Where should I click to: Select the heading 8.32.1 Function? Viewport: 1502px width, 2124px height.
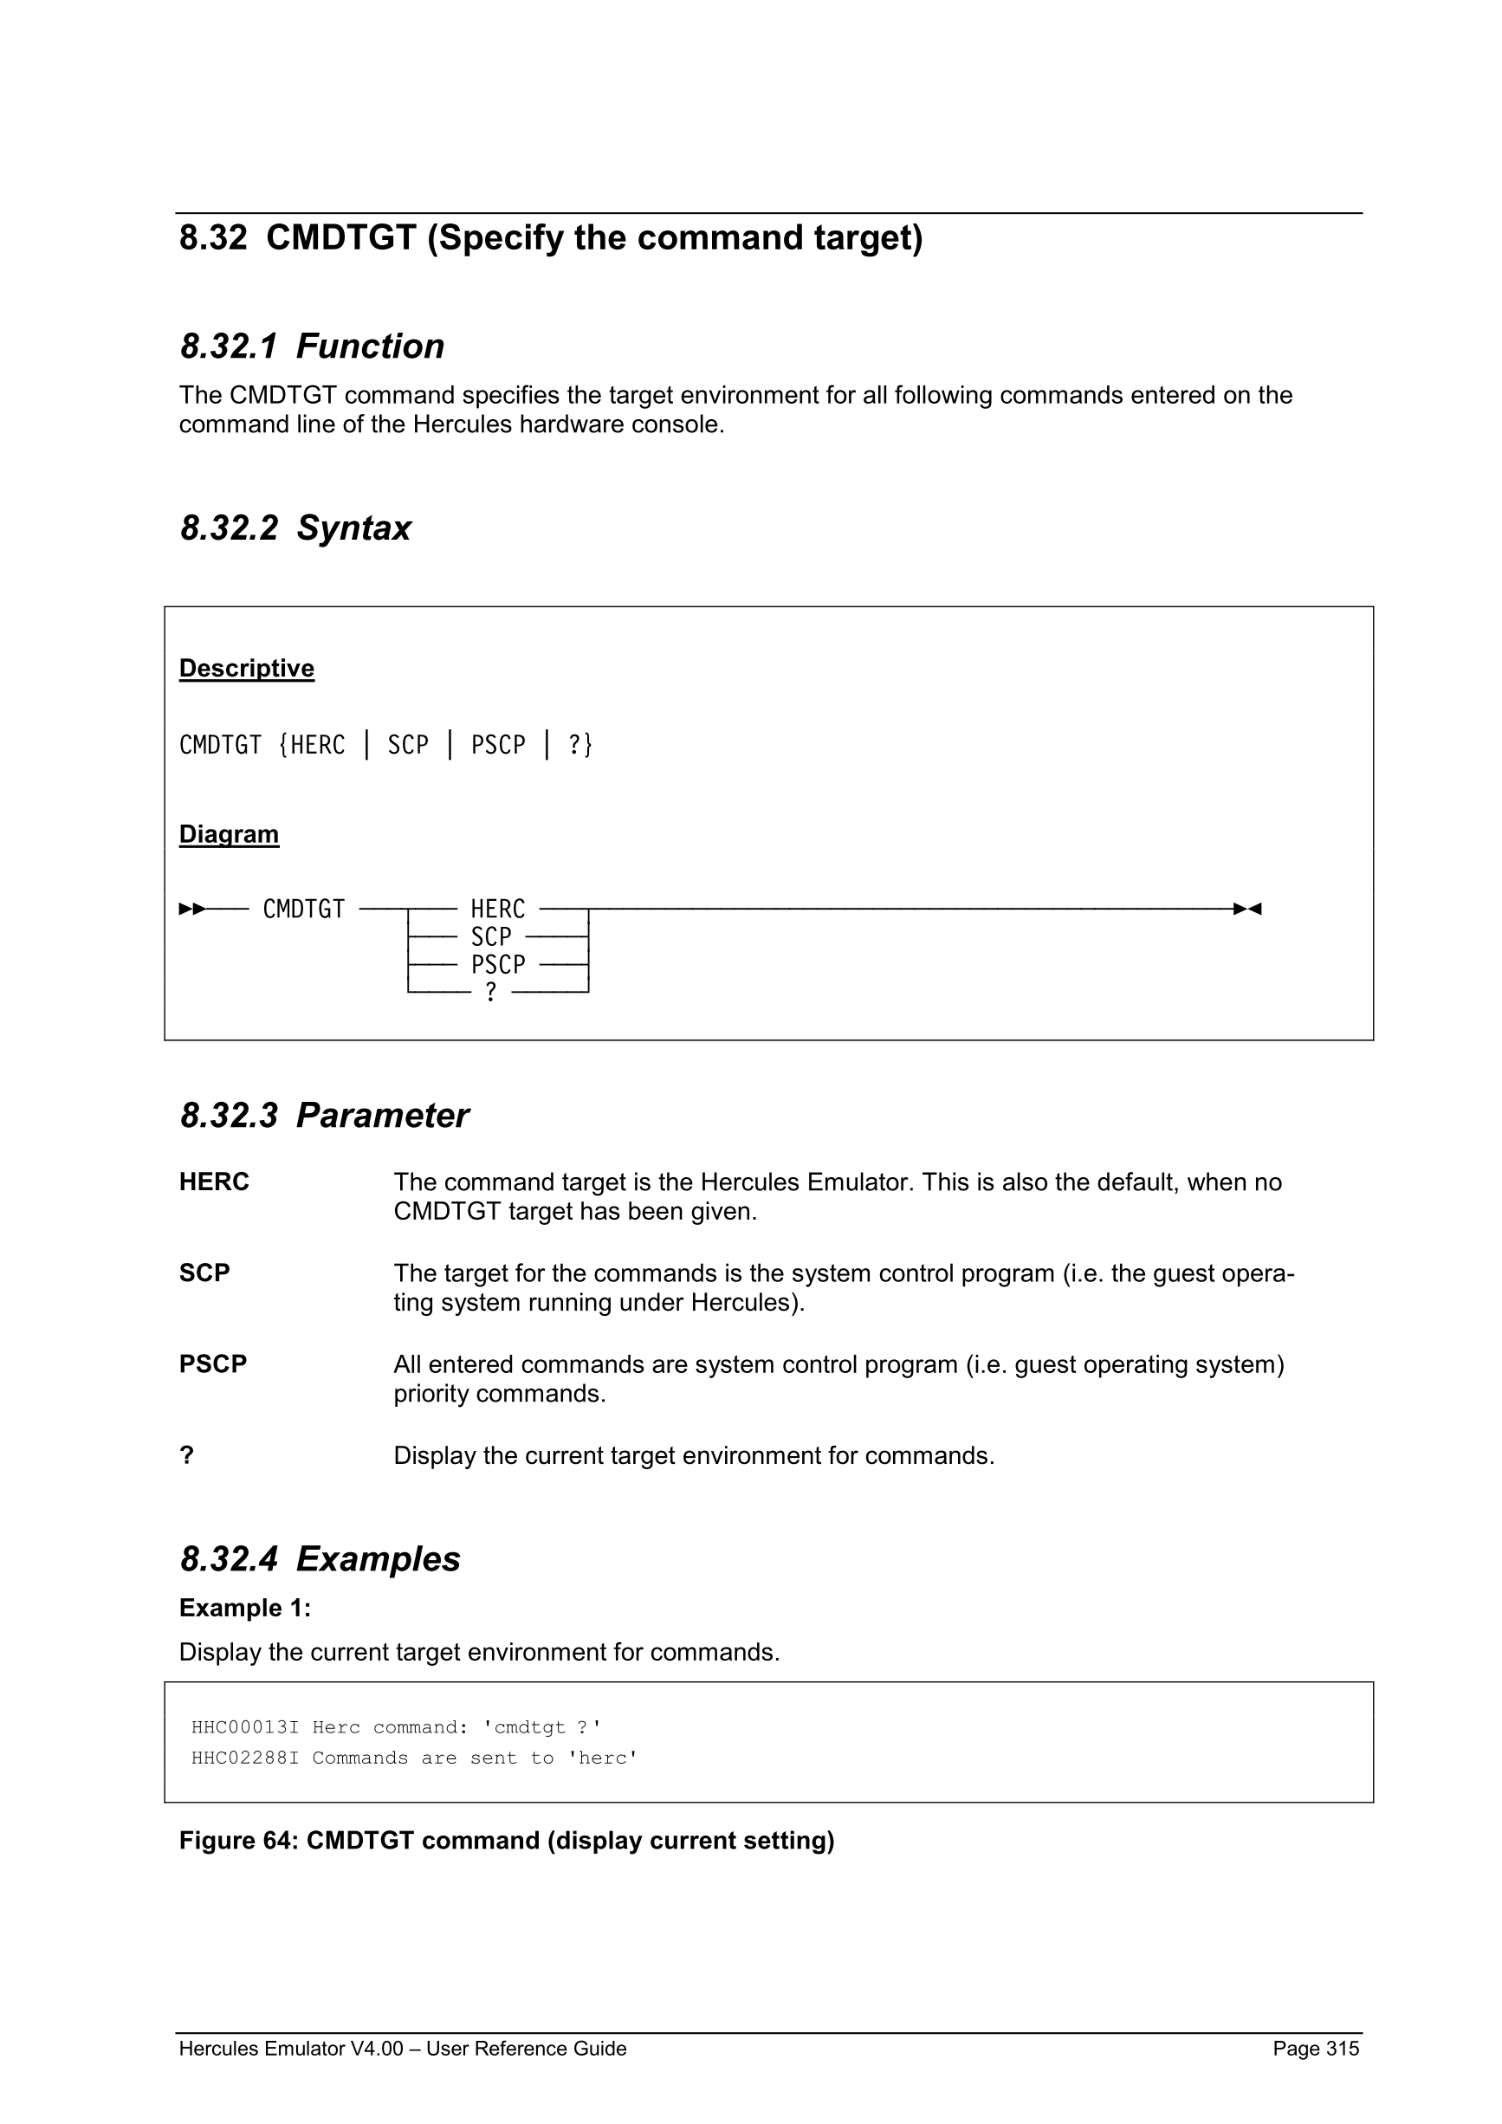pyautogui.click(x=312, y=346)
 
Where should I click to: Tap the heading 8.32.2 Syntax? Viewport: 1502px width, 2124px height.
pyautogui.click(x=295, y=528)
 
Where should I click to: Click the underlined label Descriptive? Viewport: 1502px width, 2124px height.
pyautogui.click(x=246, y=668)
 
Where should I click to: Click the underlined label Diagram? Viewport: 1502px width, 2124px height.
pyautogui.click(x=229, y=833)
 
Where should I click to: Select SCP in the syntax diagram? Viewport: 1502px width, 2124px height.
pyautogui.click(x=490, y=936)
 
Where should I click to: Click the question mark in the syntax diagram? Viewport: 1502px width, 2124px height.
pyautogui.click(x=490, y=992)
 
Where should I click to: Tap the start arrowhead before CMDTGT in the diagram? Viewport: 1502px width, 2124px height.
pyautogui.click(x=191, y=909)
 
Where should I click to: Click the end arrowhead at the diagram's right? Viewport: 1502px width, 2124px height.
pyautogui.click(x=1247, y=909)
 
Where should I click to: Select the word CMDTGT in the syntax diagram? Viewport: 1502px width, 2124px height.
pyautogui.click(x=303, y=909)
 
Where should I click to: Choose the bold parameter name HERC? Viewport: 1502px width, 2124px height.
pyautogui.click(x=214, y=1182)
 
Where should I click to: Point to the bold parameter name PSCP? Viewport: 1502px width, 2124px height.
pyautogui.click(x=213, y=1363)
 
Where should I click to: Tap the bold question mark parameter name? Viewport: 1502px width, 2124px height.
pyautogui.click(x=187, y=1455)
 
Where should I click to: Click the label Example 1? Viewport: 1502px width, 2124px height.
pyautogui.click(x=244, y=1608)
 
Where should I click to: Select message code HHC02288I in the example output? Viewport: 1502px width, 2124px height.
pyautogui.click(x=244, y=1758)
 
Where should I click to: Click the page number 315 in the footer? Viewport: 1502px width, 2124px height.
pyautogui.click(x=1342, y=2048)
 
